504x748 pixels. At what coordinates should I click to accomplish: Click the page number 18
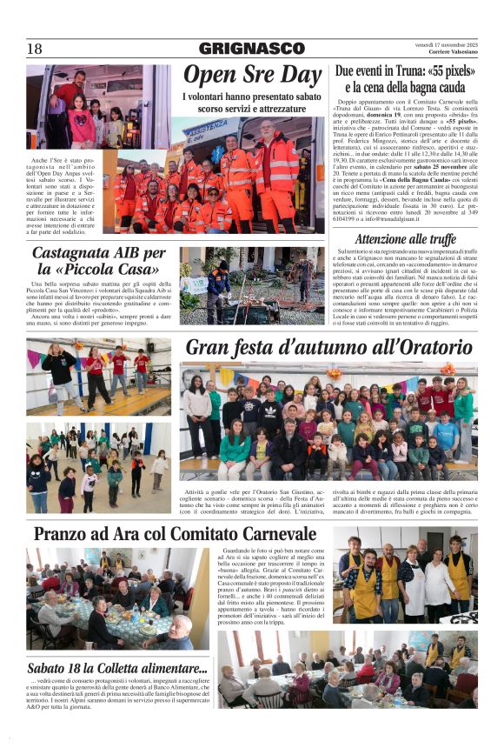(34, 49)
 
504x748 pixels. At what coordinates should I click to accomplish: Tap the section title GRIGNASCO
(252, 49)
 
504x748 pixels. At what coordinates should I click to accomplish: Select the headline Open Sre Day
(252, 75)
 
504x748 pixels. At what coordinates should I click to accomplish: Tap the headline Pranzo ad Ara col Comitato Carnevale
(175, 533)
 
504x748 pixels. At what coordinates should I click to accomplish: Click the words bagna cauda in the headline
(435, 87)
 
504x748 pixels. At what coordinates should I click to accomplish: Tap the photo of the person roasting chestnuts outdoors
(251, 285)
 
